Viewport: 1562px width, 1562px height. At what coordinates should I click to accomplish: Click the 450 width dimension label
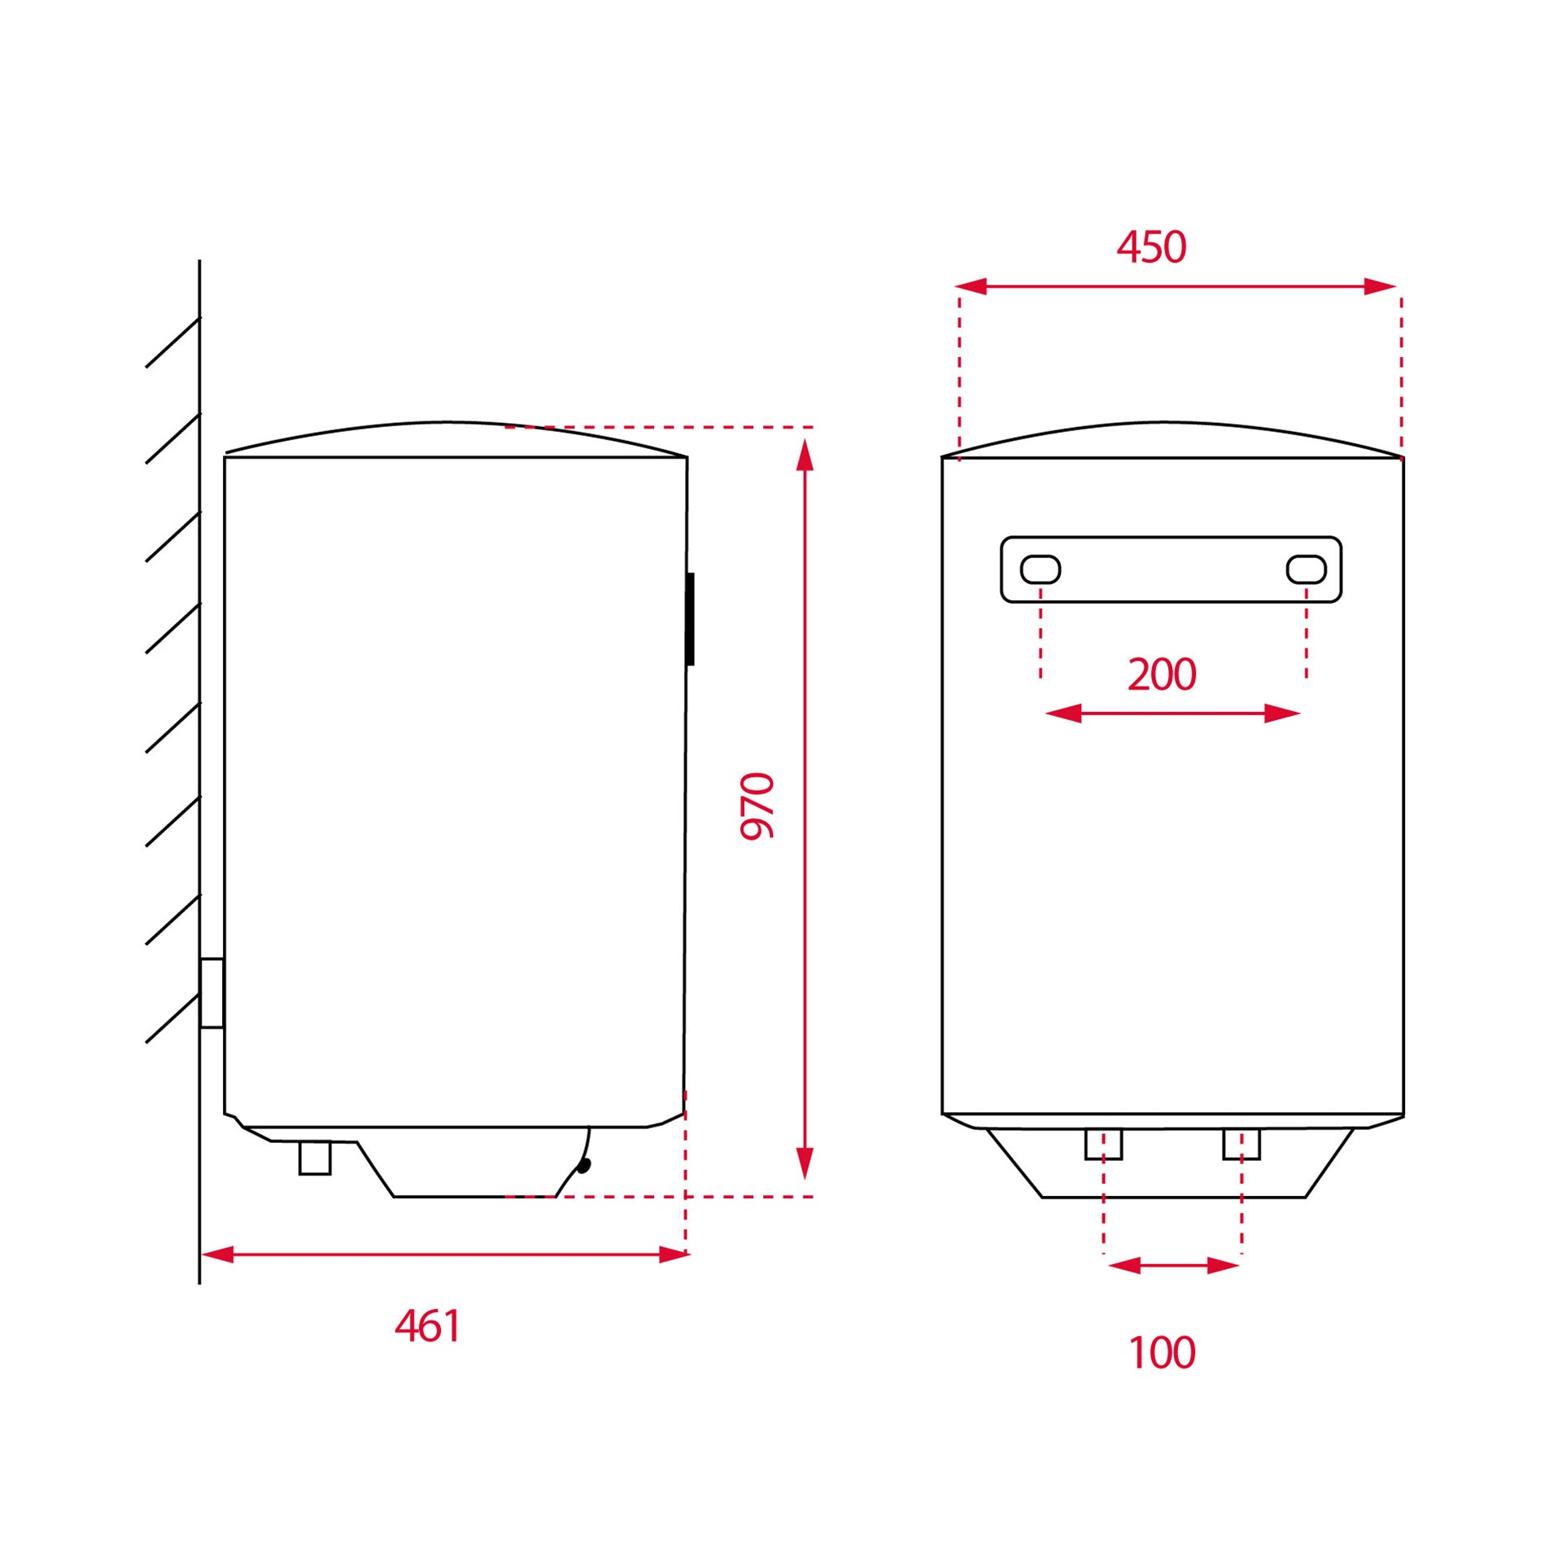click(1151, 247)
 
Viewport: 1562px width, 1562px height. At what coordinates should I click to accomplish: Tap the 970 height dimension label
click(757, 805)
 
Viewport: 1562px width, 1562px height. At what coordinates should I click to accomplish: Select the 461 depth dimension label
click(428, 1326)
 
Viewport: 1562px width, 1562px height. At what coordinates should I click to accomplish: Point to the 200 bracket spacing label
click(1162, 674)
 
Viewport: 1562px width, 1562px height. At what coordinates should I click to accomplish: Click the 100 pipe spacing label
click(1162, 1353)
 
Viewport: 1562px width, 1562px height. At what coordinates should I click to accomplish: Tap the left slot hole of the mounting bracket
click(1041, 569)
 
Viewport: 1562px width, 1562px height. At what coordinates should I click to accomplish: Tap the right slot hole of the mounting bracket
click(1307, 569)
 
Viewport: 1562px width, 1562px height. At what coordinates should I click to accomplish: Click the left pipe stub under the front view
click(1104, 1144)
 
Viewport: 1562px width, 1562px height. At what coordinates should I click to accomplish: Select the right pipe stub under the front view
click(1241, 1144)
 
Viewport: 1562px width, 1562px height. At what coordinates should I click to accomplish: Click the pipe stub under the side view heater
click(315, 1158)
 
